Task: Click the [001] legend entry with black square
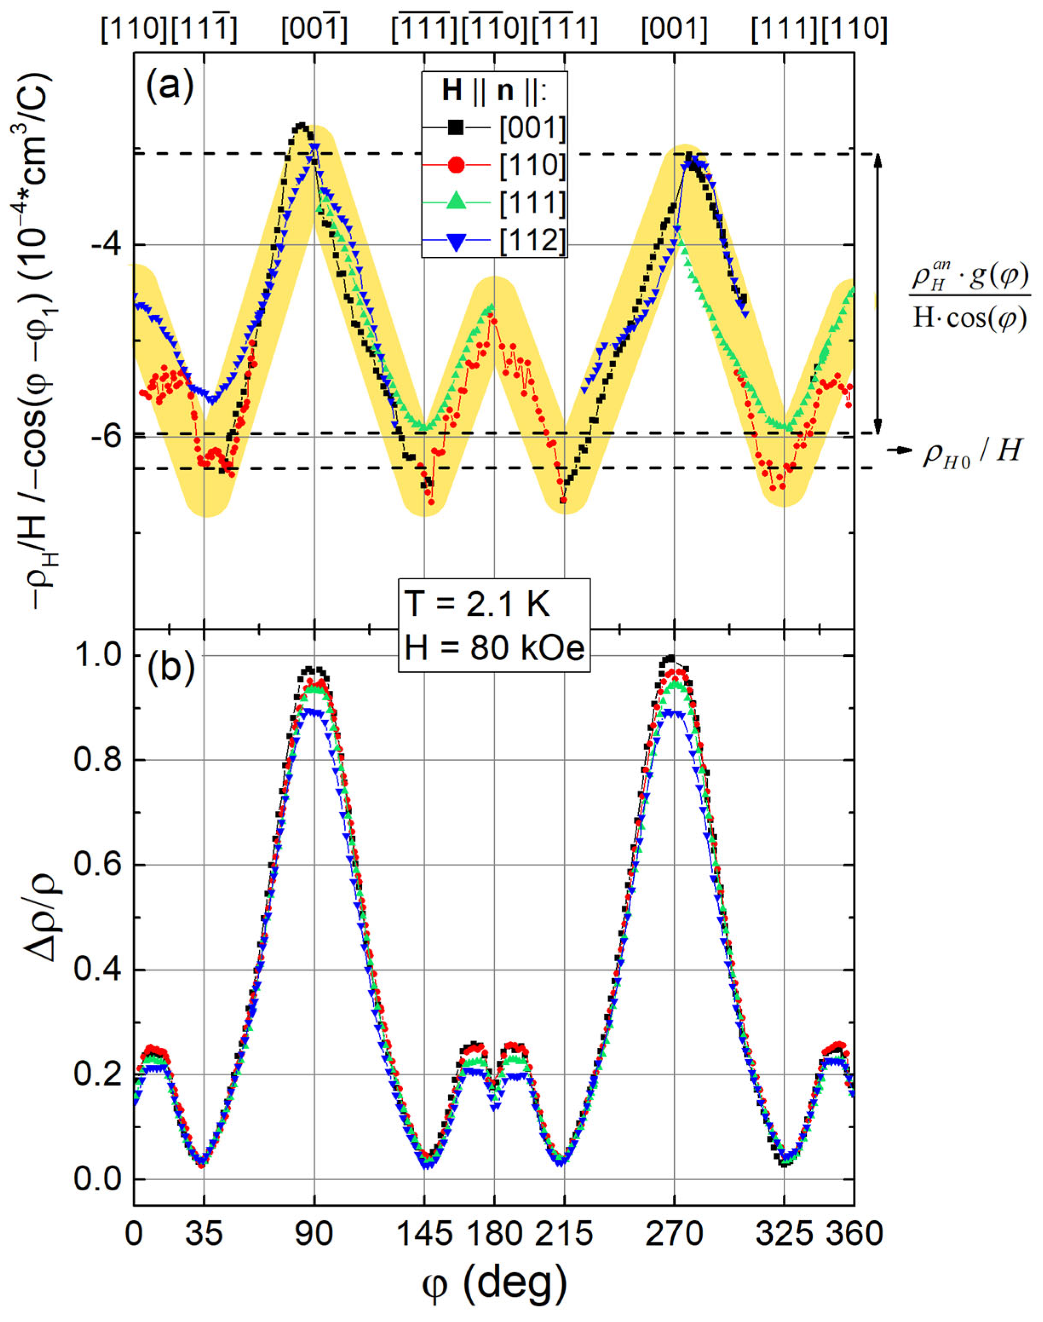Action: tap(495, 128)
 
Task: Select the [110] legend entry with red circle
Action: tap(495, 165)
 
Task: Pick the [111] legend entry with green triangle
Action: tap(495, 202)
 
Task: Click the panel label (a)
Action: tap(169, 84)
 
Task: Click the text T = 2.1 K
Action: tap(478, 605)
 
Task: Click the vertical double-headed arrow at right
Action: tap(877, 293)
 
